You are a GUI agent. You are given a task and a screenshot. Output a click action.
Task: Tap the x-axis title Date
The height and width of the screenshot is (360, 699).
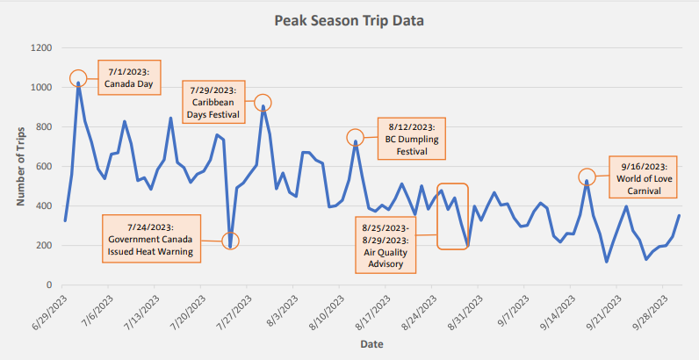coord(371,345)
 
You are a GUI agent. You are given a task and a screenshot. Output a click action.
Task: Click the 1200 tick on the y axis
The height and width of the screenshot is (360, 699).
coord(40,48)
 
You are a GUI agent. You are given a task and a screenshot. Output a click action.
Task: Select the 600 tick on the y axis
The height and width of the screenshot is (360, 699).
coord(44,167)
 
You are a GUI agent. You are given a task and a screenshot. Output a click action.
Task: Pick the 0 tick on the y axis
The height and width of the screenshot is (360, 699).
coord(50,285)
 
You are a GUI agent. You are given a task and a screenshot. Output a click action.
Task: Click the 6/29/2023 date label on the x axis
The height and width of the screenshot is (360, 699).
coord(49,313)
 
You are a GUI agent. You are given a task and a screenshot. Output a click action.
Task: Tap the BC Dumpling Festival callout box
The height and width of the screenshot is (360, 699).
coord(412,139)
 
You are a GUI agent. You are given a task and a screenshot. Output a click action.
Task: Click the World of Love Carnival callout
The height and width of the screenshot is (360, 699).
coord(642,177)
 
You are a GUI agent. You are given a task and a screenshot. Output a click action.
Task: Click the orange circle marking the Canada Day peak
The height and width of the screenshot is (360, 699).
coord(78,79)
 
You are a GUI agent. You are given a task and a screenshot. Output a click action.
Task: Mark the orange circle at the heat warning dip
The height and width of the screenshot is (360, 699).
coord(230,241)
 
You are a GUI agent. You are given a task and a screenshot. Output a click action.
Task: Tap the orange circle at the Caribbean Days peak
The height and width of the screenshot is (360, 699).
coord(263,103)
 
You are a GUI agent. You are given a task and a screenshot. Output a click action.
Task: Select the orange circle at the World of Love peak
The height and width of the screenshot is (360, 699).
coord(587,177)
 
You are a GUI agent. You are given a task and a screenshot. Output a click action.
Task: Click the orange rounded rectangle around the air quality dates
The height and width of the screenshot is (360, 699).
coord(453,216)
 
